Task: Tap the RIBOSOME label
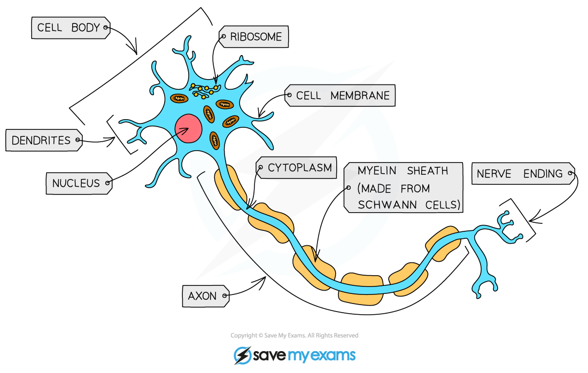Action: tap(255, 37)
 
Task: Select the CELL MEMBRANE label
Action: tap(340, 96)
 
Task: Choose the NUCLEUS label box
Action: tap(78, 183)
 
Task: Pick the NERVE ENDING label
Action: tap(521, 174)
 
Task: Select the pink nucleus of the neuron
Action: tap(188, 128)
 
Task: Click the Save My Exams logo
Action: tap(295, 355)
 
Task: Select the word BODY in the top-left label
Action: tap(86, 28)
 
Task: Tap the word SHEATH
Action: tap(427, 171)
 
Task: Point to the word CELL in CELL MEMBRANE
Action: tap(308, 96)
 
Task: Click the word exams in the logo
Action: tap(335, 355)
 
